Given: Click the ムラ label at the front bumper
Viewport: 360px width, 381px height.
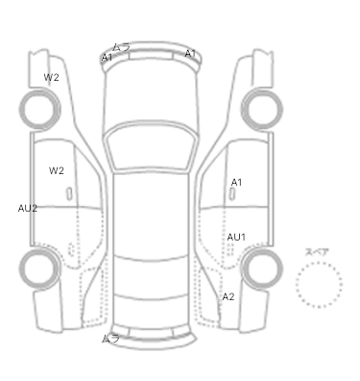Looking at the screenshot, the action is pyautogui.click(x=121, y=47).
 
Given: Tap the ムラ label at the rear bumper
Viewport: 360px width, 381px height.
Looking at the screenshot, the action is pyautogui.click(x=110, y=339).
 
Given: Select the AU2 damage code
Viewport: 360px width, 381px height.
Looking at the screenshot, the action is pyautogui.click(x=28, y=209).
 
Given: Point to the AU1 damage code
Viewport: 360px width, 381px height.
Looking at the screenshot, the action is pyautogui.click(x=236, y=238).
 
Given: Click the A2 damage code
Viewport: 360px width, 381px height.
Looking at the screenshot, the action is pyautogui.click(x=228, y=296).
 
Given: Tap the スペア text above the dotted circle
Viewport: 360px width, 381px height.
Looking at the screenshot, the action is pyautogui.click(x=317, y=252).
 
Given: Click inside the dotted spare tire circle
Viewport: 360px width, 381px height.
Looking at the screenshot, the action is pyautogui.click(x=319, y=285).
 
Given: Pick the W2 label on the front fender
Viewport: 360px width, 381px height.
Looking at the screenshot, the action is pyautogui.click(x=51, y=77).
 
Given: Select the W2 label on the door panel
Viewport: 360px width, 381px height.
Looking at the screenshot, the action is pyautogui.click(x=57, y=170).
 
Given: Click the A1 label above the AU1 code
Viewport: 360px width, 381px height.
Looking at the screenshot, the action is pyautogui.click(x=236, y=183).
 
